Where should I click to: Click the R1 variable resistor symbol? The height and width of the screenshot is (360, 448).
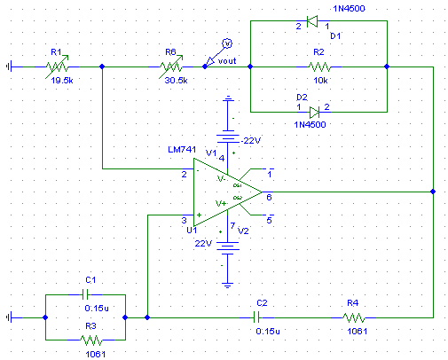(57, 67)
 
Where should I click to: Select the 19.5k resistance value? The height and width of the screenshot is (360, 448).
(62, 81)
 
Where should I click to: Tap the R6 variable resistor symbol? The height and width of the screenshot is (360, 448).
(171, 67)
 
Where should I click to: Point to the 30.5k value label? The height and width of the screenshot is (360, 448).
(176, 81)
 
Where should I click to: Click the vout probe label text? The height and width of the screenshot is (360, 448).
(227, 61)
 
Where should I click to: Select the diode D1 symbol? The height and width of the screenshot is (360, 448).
(312, 21)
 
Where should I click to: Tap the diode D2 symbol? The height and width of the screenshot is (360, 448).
(314, 113)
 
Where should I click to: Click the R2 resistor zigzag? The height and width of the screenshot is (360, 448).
(319, 67)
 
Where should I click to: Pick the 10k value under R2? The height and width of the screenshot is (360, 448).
(320, 81)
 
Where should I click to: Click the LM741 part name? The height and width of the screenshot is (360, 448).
(182, 150)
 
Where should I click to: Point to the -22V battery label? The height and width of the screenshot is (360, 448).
(251, 141)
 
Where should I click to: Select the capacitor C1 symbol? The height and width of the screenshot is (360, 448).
(85, 294)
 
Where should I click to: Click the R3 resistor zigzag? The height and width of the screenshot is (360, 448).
(91, 340)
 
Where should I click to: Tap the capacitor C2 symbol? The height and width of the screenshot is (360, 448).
(256, 318)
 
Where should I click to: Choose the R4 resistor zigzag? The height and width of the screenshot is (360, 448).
(354, 318)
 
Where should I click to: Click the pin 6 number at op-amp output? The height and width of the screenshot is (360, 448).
(269, 198)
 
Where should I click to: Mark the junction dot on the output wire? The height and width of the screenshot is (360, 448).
(433, 192)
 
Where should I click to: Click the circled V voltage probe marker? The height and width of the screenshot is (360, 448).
(227, 43)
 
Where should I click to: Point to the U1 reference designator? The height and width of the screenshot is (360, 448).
(192, 230)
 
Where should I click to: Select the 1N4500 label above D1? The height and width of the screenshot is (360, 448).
(349, 9)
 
